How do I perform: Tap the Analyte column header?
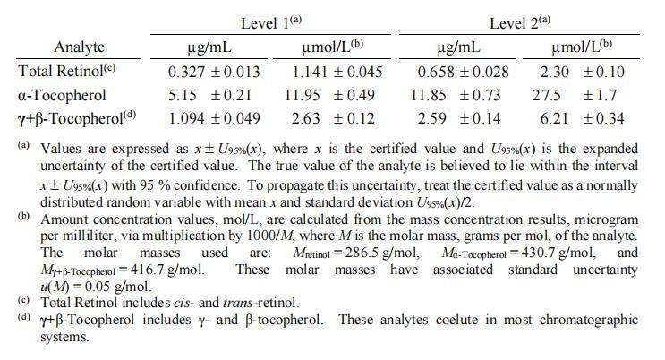(79, 47)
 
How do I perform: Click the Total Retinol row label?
(67, 72)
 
